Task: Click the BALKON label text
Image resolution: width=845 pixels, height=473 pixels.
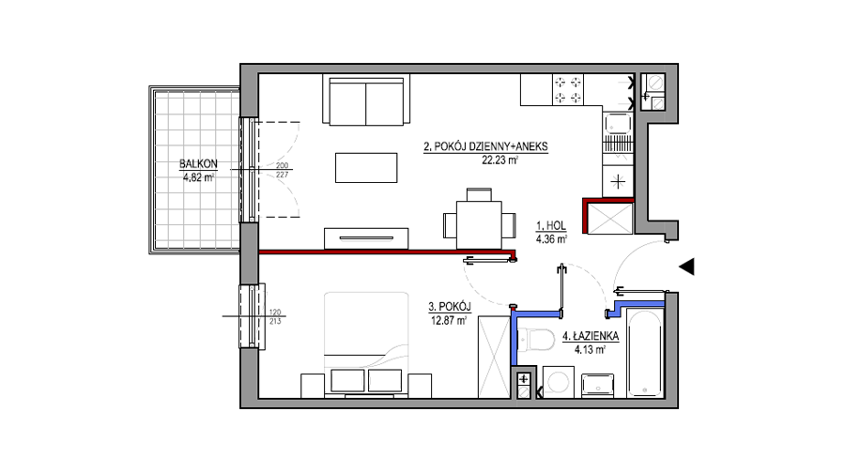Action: (x=198, y=164)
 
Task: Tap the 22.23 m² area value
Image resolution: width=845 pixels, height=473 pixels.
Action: (x=500, y=160)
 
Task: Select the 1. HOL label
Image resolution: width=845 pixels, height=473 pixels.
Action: (x=551, y=226)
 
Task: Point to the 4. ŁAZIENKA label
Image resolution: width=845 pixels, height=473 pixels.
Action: (x=591, y=336)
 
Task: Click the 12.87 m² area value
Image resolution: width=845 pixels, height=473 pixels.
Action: (x=449, y=321)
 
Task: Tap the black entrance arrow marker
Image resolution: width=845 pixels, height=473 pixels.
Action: (x=686, y=267)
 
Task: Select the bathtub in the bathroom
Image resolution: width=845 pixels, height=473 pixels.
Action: (x=644, y=354)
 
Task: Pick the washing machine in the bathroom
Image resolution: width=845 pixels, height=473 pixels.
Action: (x=558, y=383)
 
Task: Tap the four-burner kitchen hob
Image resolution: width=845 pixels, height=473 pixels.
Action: (x=568, y=89)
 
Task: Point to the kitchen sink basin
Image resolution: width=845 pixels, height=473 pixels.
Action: (x=618, y=124)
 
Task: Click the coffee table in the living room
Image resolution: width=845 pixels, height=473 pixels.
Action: (x=366, y=168)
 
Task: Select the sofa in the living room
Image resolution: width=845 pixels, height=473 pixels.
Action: (x=366, y=100)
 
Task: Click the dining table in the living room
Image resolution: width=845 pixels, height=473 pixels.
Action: (x=479, y=225)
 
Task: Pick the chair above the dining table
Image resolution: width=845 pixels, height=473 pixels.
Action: (x=479, y=194)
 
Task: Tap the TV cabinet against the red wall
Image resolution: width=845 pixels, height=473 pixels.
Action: (x=366, y=238)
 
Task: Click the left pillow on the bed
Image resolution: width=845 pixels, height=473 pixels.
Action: (x=347, y=381)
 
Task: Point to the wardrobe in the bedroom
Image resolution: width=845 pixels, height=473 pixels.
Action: (x=494, y=358)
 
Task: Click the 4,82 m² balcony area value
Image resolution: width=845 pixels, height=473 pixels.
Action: (x=199, y=177)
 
